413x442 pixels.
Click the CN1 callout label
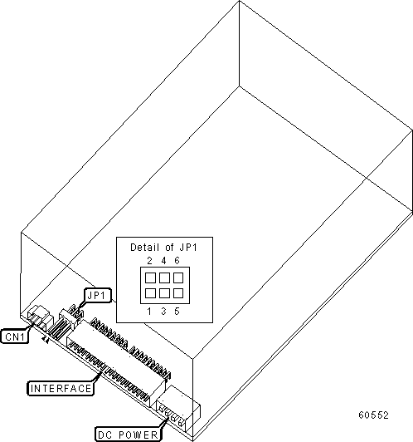click(15, 336)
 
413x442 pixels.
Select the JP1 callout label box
click(97, 296)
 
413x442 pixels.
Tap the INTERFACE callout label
click(61, 389)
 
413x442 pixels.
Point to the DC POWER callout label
click(128, 435)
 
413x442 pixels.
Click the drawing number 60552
click(374, 415)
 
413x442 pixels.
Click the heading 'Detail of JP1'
click(163, 248)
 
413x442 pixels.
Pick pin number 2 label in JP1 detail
click(149, 261)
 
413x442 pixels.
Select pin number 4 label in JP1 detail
click(163, 261)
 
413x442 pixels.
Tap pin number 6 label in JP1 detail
click(177, 261)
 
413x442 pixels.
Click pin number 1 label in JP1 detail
click(149, 312)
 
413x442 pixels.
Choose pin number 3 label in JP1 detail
click(163, 312)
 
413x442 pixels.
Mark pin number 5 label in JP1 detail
click(177, 312)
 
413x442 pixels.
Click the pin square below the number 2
click(150, 278)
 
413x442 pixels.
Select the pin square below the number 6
click(178, 278)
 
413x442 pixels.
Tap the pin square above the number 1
click(150, 293)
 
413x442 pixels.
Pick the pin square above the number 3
click(164, 293)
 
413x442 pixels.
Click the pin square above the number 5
click(178, 293)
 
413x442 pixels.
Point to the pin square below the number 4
click(164, 278)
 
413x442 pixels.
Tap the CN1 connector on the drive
click(41, 318)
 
